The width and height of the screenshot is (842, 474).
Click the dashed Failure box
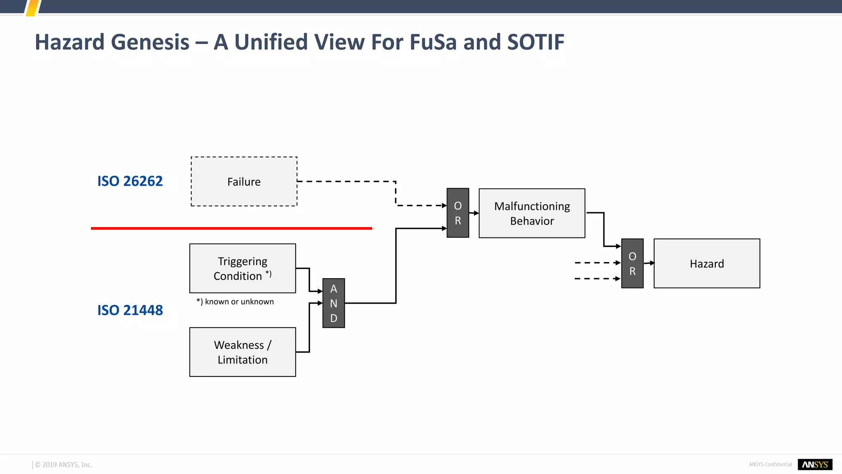(244, 181)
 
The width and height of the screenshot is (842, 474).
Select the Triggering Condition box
(243, 268)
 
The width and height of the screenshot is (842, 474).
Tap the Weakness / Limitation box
(243, 352)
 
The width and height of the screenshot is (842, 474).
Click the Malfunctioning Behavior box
(532, 213)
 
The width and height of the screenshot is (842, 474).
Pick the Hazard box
(707, 263)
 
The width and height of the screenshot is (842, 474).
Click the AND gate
(333, 303)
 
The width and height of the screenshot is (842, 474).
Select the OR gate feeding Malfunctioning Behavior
(458, 213)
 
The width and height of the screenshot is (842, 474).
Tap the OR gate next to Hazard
(632, 263)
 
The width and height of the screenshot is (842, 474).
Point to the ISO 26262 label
(130, 181)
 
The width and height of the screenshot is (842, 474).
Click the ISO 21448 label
(130, 310)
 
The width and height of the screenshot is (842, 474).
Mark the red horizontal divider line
(231, 228)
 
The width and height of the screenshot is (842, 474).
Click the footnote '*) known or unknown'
(235, 302)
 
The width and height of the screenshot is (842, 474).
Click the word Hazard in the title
(69, 42)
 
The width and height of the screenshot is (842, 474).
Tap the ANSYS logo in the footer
(815, 465)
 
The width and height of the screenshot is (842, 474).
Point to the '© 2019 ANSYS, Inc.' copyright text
(64, 465)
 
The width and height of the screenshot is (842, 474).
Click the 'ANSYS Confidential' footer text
(770, 465)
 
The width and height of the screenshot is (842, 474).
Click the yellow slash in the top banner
(32, 8)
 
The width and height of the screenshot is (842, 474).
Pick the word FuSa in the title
(433, 42)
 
